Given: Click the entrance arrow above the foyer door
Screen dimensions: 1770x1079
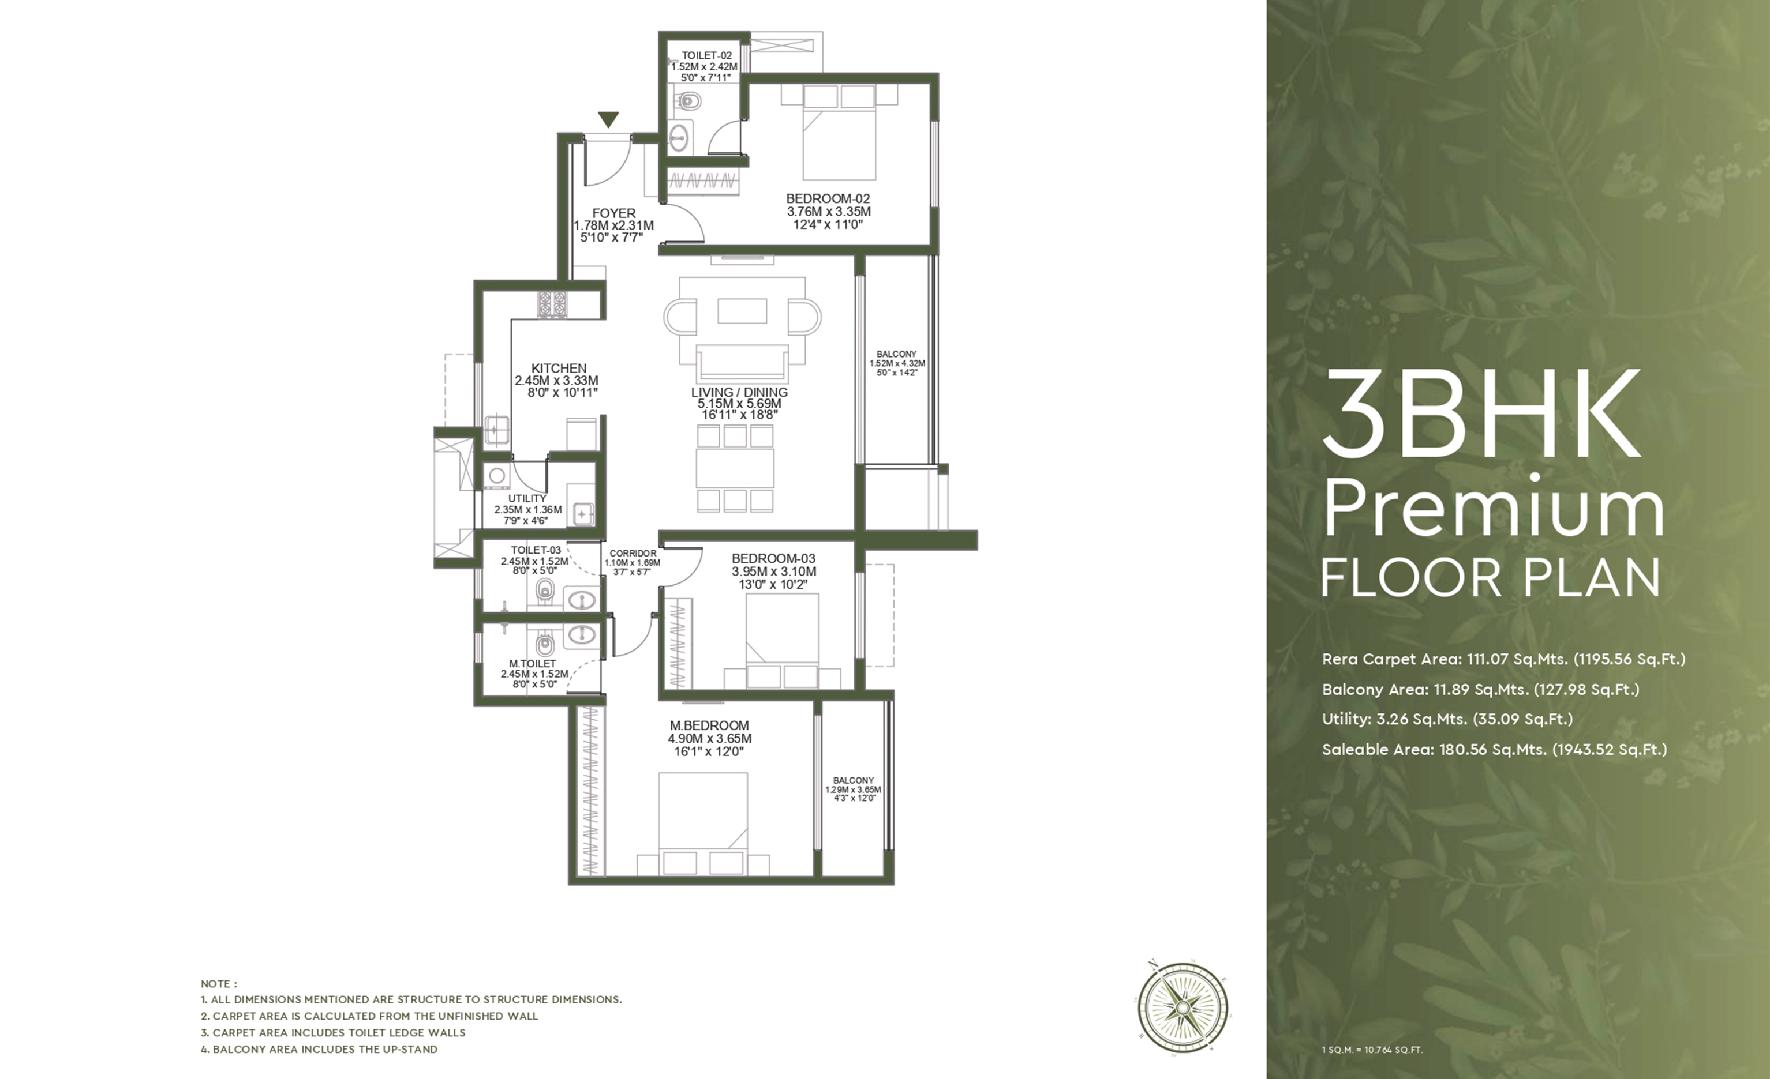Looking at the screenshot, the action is click(x=608, y=120).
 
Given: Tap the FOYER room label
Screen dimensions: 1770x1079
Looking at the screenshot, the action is click(x=613, y=213).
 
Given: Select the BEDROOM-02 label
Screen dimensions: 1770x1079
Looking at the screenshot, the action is click(x=828, y=198).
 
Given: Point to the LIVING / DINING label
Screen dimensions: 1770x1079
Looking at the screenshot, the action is click(x=739, y=392).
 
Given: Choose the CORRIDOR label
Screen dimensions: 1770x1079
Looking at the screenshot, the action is click(x=632, y=554).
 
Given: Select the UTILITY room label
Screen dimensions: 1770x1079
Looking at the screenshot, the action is click(x=527, y=498).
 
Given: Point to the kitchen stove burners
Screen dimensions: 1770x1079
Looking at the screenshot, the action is click(x=552, y=304).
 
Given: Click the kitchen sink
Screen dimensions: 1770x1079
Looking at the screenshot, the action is click(x=496, y=429).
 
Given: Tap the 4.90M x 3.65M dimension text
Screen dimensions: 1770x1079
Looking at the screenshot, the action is click(x=710, y=739).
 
